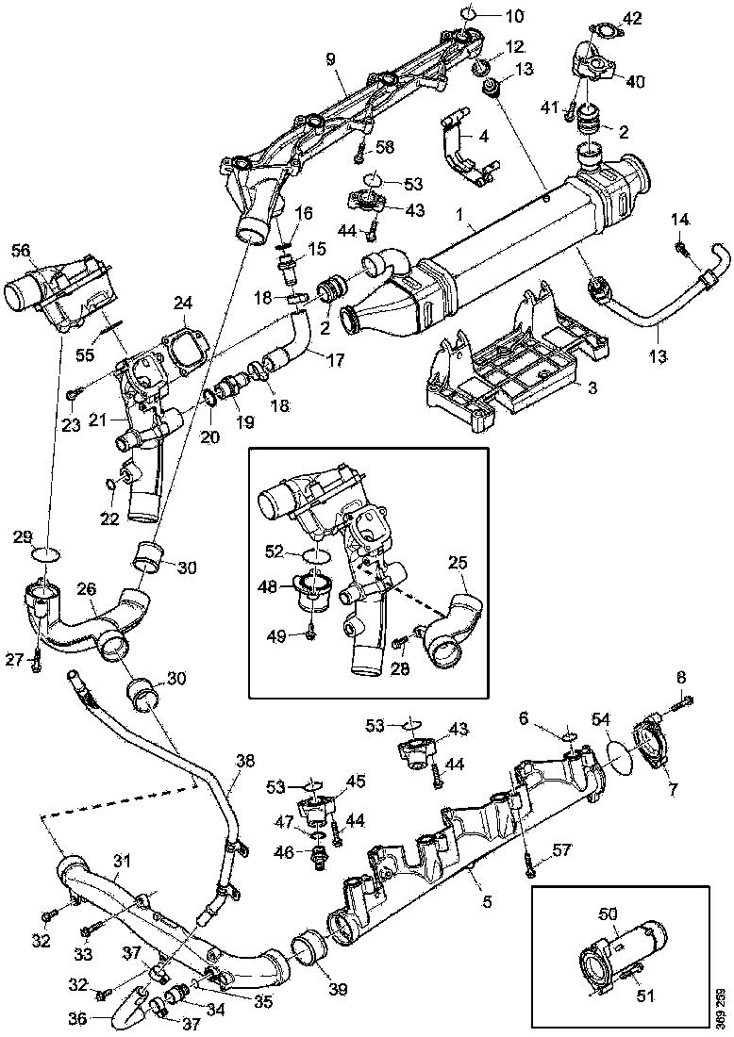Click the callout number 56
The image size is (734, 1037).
pos(21,250)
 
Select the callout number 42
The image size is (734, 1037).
pos(631,18)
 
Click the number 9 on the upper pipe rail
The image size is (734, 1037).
pos(330,58)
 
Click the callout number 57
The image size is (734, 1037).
pos(562,852)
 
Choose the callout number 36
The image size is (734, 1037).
pos(77,1018)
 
